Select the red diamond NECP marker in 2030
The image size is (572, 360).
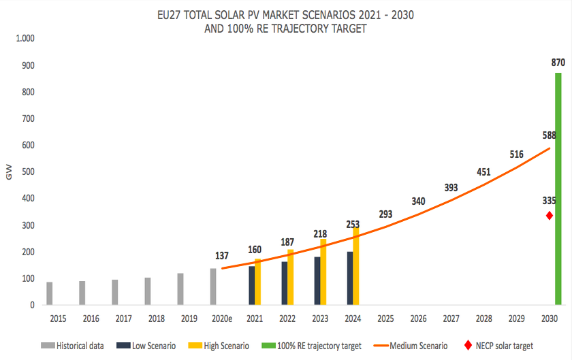coord(550,216)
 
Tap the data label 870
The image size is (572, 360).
coord(558,62)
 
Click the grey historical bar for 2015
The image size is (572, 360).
coord(50,293)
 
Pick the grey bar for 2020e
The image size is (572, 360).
coord(213,287)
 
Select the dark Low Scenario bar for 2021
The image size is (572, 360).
coord(251,285)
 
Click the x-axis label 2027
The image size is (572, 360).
coord(451,318)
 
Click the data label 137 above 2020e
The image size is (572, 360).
coord(221,257)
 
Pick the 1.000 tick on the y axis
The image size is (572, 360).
coord(24,39)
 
